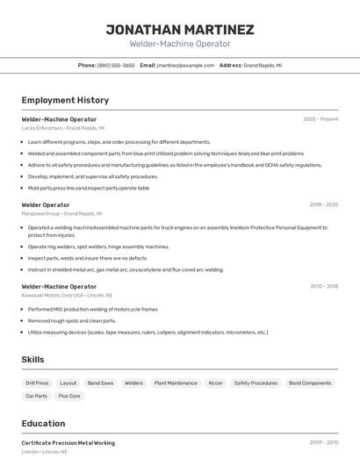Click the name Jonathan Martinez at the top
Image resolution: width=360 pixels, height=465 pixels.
[180, 29]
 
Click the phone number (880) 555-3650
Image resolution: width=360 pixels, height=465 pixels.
[116, 65]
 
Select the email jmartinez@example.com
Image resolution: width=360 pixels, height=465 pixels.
[185, 65]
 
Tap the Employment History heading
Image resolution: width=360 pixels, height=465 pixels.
[65, 100]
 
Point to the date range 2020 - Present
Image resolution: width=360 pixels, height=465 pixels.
[320, 119]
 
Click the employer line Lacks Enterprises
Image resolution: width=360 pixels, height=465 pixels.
[62, 128]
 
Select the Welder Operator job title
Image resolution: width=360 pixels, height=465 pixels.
[46, 204]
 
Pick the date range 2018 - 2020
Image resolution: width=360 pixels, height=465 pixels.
[323, 204]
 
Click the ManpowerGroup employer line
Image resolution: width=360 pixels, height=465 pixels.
[61, 213]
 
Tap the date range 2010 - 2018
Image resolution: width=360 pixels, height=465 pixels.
[323, 286]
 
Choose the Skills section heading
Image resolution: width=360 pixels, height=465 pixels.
[32, 360]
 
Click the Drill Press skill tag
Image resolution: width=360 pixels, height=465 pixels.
[37, 383]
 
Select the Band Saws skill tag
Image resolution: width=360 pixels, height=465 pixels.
[100, 383]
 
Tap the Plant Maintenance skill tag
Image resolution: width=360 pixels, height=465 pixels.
[176, 383]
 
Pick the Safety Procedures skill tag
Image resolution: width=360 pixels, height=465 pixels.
[256, 383]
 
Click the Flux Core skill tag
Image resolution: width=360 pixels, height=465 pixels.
[69, 397]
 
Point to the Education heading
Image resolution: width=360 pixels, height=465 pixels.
[43, 424]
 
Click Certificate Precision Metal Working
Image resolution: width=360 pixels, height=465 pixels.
[68, 443]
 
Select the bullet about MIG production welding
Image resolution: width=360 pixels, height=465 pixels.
[92, 310]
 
